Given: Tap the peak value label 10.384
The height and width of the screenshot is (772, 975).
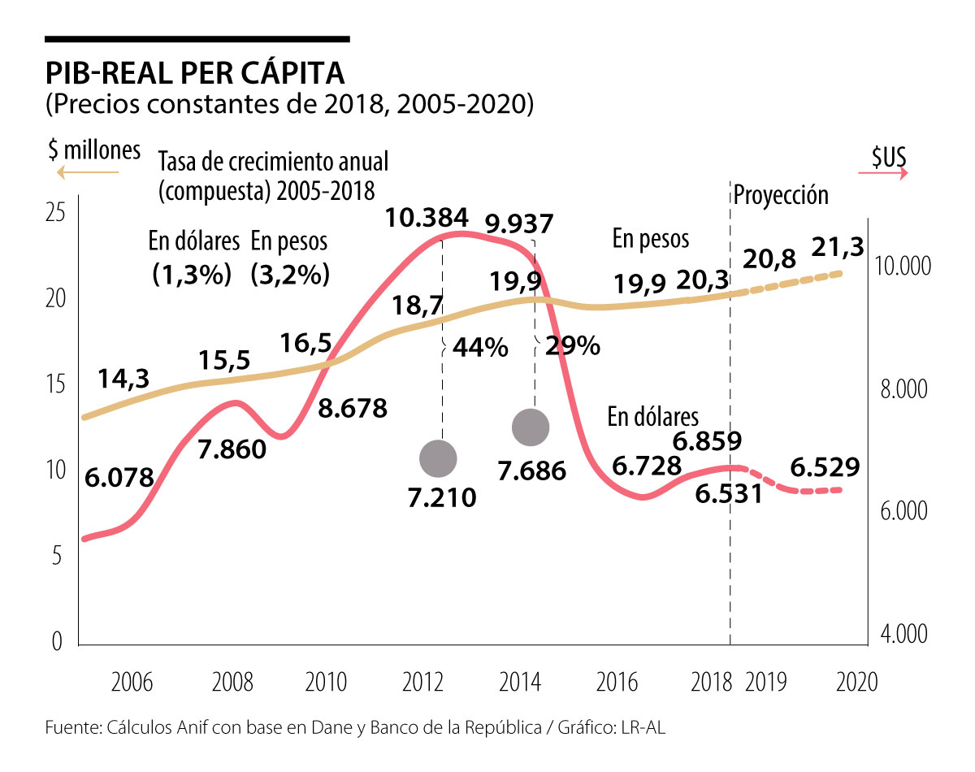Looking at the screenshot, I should click(x=427, y=218).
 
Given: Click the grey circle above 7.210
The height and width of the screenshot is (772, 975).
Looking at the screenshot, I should click(x=439, y=458).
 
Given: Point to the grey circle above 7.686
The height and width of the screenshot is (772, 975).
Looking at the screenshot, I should click(x=531, y=427).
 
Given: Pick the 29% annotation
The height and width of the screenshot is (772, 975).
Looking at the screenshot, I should click(x=572, y=346).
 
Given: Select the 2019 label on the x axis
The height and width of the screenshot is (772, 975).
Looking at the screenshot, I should click(x=765, y=681).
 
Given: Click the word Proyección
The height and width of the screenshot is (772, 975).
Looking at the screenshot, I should click(x=781, y=195).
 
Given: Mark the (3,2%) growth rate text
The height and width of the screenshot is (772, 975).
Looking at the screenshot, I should click(x=290, y=275).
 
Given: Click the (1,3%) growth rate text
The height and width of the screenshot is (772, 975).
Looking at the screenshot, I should click(x=193, y=275).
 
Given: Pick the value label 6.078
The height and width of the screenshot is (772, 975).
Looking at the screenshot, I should click(x=119, y=479).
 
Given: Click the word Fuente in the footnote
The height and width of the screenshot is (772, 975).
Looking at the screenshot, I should click(x=70, y=728).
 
